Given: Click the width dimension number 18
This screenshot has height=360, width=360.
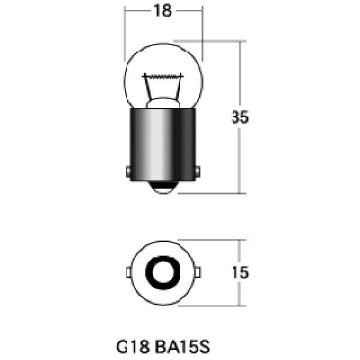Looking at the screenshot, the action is pos(163,11).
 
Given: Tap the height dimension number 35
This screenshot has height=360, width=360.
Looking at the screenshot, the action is pos(240,117).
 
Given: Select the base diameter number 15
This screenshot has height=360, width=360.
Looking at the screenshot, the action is pos(240,272).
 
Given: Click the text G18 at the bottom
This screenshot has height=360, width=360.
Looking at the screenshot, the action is pos(133,347).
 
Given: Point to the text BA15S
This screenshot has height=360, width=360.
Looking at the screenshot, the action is pos(182,347).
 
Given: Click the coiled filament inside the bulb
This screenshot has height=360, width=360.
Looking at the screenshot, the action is pos(163,76).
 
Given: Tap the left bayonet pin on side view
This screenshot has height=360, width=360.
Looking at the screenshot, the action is pos(128,172).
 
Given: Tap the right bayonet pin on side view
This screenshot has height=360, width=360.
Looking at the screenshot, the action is pos(197,172).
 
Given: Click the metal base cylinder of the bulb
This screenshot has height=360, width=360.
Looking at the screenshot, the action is pos(163,145).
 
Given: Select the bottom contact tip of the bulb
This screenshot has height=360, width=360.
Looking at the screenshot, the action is pos(163,187).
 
